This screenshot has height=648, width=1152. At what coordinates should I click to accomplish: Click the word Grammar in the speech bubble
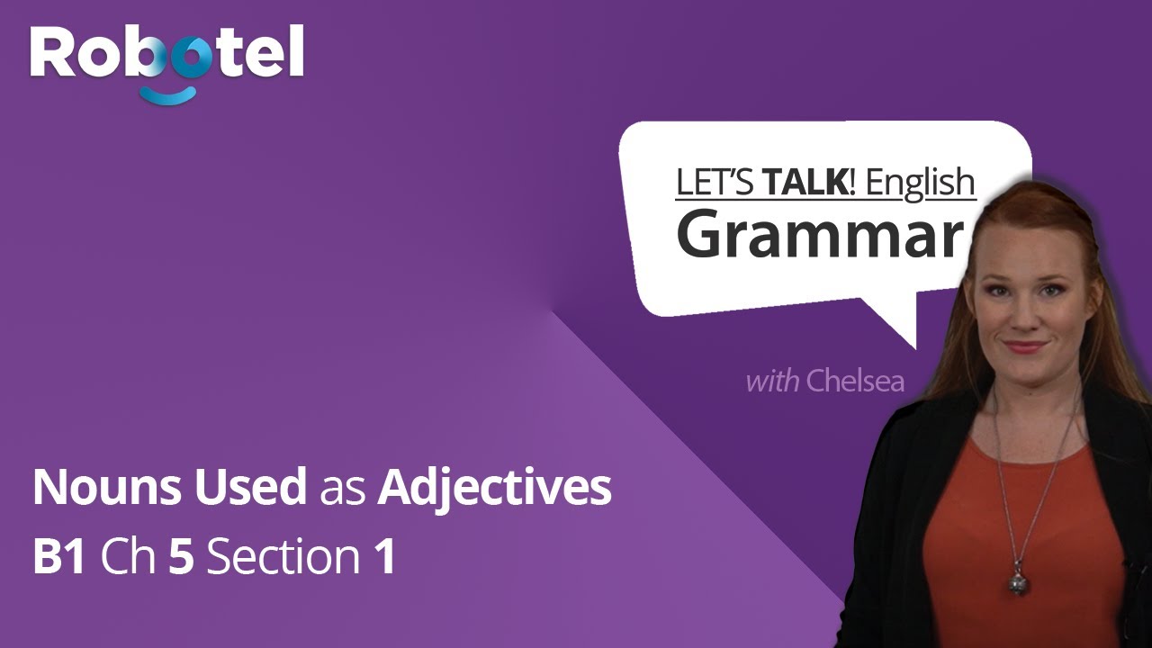click(x=818, y=233)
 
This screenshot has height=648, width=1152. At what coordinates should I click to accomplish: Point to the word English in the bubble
click(x=920, y=182)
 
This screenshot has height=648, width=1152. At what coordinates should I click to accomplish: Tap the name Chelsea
click(x=855, y=381)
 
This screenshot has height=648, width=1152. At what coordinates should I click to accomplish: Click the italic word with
click(x=772, y=381)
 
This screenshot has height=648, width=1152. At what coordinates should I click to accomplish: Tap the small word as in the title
click(x=342, y=491)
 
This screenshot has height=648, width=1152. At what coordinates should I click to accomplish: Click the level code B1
click(x=59, y=558)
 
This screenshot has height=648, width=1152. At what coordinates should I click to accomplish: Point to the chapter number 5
click(x=182, y=558)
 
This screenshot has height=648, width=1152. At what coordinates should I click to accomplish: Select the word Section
click(x=283, y=558)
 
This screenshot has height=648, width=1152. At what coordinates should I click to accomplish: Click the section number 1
click(x=385, y=558)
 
